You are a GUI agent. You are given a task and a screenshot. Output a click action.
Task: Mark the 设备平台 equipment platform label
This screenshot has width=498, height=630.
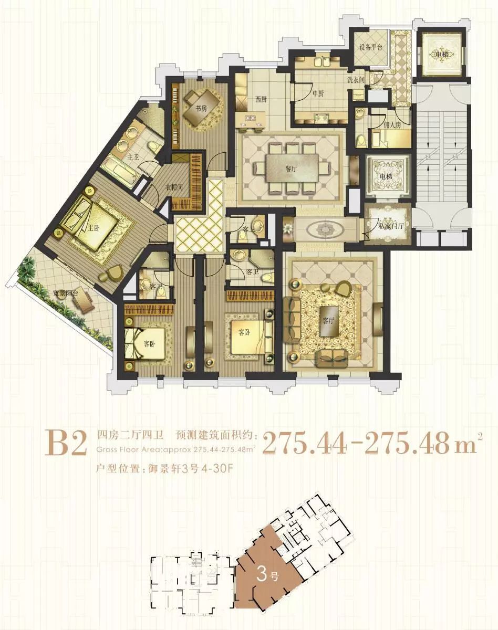click(370, 47)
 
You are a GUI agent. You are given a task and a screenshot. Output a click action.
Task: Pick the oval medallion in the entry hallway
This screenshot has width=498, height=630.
click(321, 230)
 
